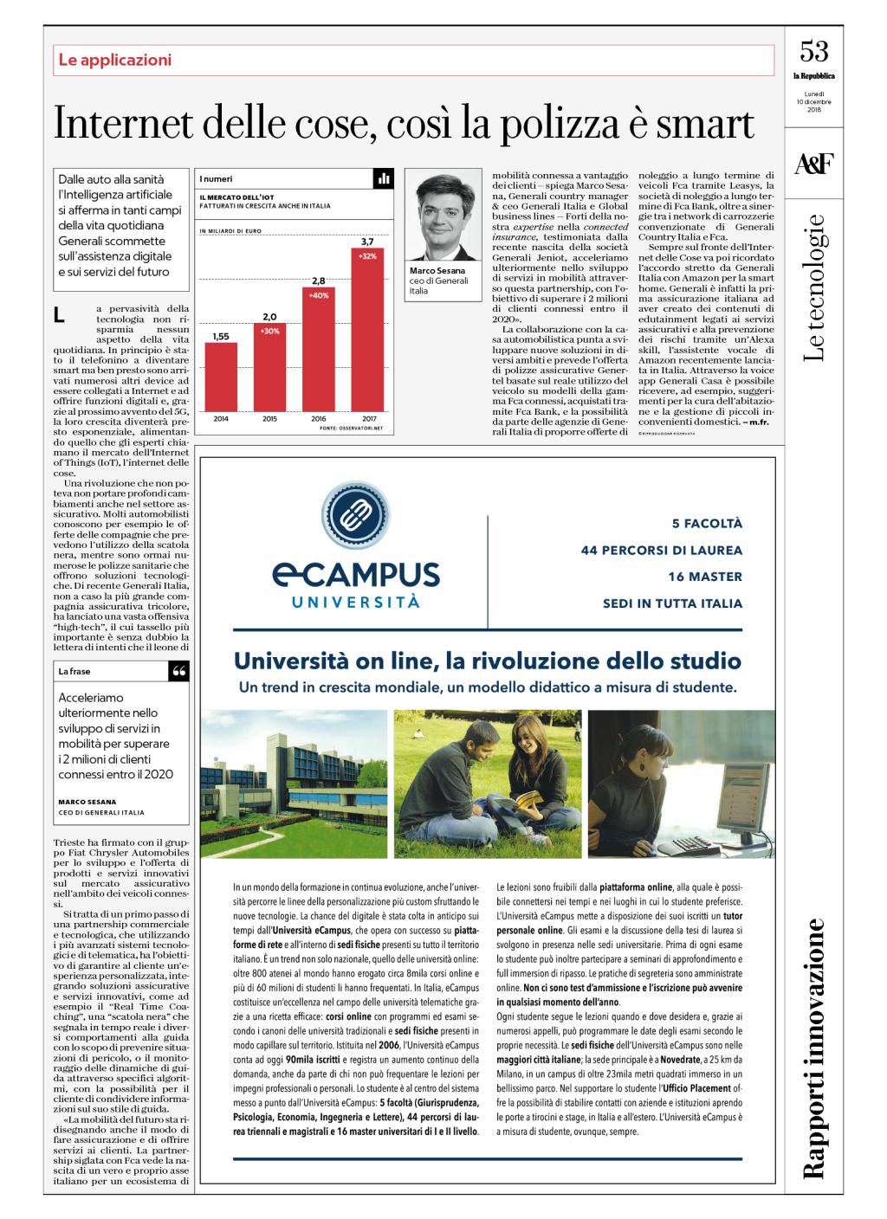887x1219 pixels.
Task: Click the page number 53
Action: click(813, 52)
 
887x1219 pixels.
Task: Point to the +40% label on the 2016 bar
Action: click(318, 295)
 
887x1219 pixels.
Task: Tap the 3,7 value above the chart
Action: click(367, 241)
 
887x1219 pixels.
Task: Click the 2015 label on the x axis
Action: click(269, 418)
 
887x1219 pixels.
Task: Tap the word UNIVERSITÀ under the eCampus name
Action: click(355, 601)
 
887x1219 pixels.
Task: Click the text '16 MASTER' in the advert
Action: click(704, 577)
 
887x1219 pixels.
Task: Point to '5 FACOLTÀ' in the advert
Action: click(707, 524)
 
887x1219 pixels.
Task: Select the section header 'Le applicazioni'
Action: click(115, 60)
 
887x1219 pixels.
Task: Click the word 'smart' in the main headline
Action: click(705, 125)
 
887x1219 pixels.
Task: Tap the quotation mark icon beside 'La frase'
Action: click(179, 672)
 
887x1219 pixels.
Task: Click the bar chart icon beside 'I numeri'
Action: click(384, 178)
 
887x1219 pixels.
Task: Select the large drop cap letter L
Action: click(59, 318)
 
